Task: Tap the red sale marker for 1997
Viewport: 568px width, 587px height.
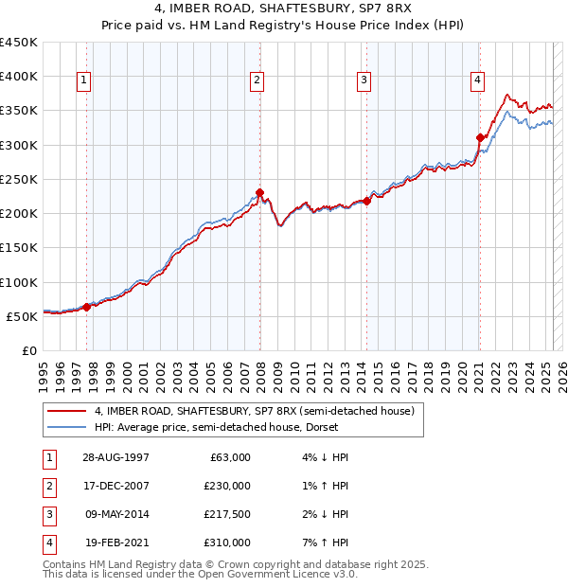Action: click(x=86, y=307)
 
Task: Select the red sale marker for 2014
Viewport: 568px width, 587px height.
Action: click(x=366, y=201)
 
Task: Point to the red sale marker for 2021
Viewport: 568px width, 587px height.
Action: click(x=480, y=138)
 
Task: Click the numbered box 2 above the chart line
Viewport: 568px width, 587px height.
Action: click(x=257, y=81)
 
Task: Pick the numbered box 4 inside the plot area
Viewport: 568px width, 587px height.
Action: click(x=478, y=81)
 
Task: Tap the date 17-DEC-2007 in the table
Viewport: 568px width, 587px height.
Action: click(x=115, y=486)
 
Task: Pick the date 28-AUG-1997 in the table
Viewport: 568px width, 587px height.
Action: click(x=115, y=457)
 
